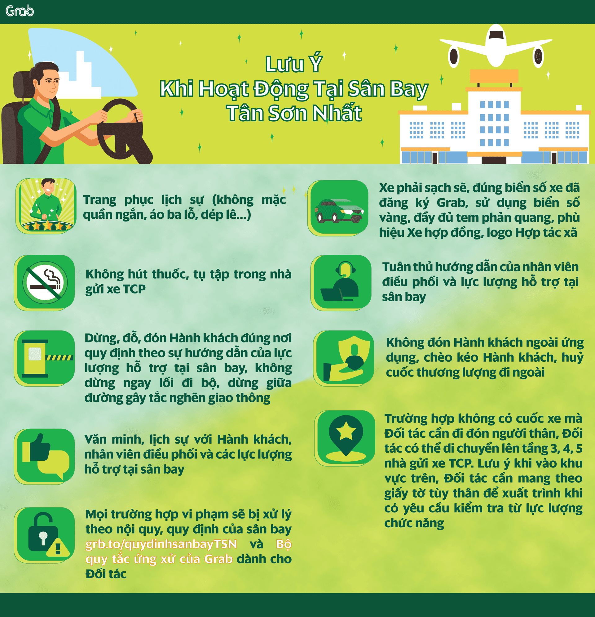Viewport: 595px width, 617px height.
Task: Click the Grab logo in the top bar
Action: click(x=20, y=11)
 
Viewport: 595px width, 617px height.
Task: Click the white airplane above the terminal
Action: click(x=496, y=46)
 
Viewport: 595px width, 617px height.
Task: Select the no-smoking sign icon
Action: click(x=45, y=283)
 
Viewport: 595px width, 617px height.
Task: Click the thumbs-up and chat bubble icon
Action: click(x=45, y=456)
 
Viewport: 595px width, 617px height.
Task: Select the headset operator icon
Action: click(x=342, y=283)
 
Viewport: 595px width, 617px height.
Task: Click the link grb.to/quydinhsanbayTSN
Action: click(x=161, y=544)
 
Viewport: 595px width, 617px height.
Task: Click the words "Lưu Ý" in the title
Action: click(x=293, y=64)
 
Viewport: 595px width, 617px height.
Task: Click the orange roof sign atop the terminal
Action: click(x=494, y=76)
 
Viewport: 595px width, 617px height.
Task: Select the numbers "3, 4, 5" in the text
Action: click(x=566, y=449)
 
